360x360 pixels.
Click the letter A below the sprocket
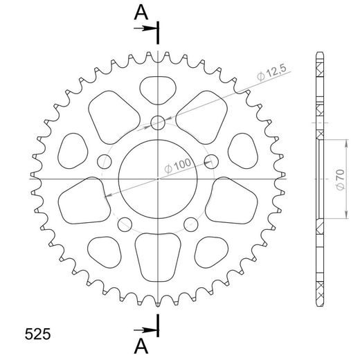(x=141, y=343)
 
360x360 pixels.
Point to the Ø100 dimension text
(x=178, y=166)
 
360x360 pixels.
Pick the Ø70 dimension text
(x=339, y=178)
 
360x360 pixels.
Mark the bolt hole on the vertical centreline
(x=159, y=123)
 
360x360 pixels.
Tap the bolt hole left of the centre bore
(x=105, y=161)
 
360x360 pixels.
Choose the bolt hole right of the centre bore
(x=212, y=161)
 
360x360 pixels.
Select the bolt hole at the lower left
(x=125, y=224)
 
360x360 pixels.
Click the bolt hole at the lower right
(x=192, y=224)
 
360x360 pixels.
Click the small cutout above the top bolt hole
(x=159, y=89)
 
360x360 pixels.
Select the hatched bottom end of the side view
(x=320, y=291)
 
